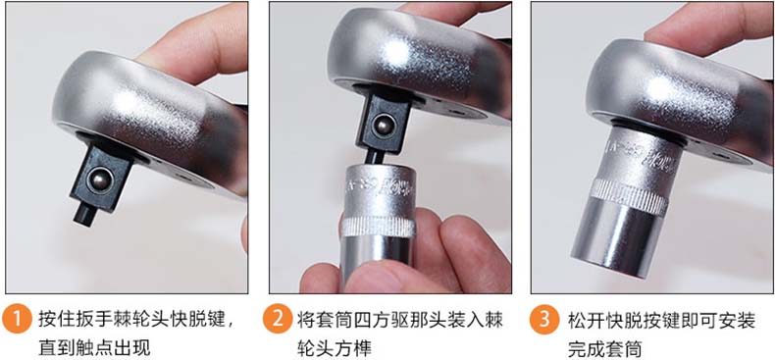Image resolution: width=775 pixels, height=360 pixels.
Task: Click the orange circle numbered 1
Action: (x=17, y=320)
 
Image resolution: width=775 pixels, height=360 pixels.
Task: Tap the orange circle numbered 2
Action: (x=278, y=320)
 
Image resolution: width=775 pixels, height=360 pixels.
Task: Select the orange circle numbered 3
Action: (x=543, y=320)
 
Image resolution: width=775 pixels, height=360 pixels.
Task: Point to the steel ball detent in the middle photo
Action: (x=381, y=127)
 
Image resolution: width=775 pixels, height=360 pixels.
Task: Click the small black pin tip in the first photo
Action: (x=84, y=216)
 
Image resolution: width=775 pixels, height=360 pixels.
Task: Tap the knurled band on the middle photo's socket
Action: (x=379, y=227)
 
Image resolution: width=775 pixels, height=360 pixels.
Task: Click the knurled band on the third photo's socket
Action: (x=631, y=196)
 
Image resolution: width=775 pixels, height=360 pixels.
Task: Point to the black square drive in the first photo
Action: (x=102, y=179)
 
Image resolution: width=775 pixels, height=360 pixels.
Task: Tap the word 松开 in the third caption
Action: (x=587, y=320)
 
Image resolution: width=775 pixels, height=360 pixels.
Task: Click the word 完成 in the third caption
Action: (x=587, y=348)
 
